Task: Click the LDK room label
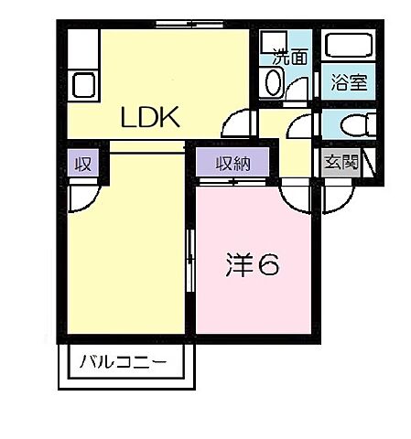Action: click(x=152, y=117)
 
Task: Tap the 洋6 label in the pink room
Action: click(x=252, y=265)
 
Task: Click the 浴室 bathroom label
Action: click(x=348, y=81)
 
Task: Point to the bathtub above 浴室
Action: click(x=349, y=47)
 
